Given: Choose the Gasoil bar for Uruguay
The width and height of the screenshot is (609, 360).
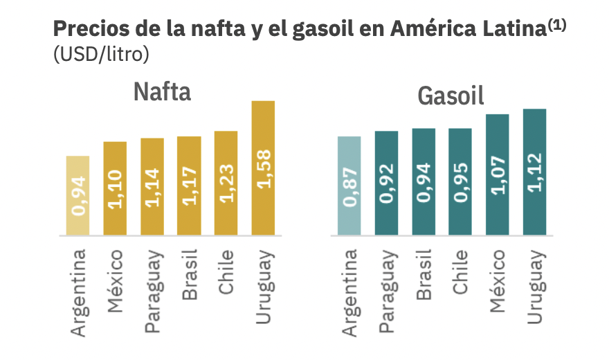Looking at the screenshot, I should click(534, 172).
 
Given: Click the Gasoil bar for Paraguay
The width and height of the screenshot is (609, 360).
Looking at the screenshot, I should click(386, 183).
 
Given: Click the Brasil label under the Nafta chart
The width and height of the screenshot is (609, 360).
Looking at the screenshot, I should click(190, 276).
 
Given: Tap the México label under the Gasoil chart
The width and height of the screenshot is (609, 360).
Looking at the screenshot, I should click(498, 280).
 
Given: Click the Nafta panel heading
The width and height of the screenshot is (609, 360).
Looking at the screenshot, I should click(163, 91).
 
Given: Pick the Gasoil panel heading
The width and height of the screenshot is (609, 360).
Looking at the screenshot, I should click(451, 96).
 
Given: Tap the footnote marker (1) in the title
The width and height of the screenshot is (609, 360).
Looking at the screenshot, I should click(556, 24).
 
